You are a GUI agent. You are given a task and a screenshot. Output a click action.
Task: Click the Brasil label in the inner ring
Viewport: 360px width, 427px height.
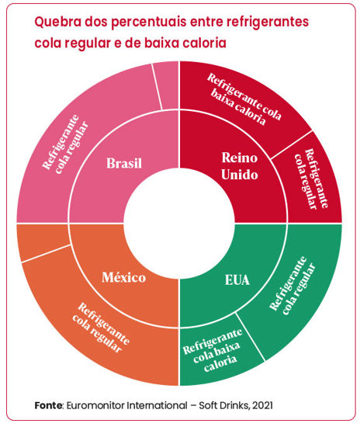click(124, 163)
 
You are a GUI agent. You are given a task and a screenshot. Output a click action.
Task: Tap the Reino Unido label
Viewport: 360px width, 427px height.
click(240, 166)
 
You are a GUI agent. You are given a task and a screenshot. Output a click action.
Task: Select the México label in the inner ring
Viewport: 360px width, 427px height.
click(124, 277)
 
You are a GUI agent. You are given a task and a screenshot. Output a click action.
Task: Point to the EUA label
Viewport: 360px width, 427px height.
click(237, 280)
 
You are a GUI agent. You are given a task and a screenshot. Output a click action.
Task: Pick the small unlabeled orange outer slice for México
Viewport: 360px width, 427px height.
click(41, 240)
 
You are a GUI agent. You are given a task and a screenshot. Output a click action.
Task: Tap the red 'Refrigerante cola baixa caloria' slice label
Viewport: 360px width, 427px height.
click(244, 99)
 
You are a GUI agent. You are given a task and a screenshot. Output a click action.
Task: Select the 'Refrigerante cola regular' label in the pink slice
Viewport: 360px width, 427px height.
click(65, 144)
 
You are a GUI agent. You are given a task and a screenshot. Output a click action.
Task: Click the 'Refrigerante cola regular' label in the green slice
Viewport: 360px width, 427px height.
click(292, 286)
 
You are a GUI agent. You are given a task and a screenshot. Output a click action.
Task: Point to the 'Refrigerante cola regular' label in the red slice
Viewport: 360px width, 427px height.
click(312, 179)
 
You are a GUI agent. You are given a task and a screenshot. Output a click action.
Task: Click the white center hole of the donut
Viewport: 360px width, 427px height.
click(179, 224)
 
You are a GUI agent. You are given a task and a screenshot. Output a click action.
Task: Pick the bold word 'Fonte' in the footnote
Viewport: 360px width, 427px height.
click(48, 405)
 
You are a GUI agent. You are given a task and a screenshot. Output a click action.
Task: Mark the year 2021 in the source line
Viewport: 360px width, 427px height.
click(262, 405)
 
